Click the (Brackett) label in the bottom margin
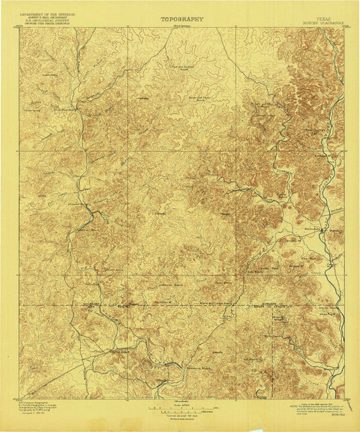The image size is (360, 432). pyautogui.click(x=181, y=401)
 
